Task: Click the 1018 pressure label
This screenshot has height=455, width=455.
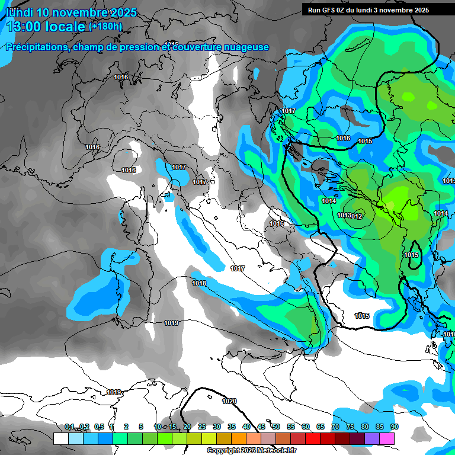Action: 199,283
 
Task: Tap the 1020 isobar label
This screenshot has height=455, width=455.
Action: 229,401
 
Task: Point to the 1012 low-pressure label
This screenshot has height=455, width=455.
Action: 357,216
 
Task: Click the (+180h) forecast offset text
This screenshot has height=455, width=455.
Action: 105,26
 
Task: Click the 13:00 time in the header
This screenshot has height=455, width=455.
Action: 25,27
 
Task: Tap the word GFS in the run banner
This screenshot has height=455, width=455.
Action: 330,10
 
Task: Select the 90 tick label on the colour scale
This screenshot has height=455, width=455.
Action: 395,427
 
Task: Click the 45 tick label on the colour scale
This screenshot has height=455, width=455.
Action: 261,427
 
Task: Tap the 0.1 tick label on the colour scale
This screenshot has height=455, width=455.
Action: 69,427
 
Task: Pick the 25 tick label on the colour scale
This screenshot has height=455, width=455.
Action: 202,427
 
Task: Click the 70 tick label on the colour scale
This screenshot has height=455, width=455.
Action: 335,427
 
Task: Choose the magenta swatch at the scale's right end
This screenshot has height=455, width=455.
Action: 387,438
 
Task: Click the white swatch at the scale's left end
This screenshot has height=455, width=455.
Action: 61,438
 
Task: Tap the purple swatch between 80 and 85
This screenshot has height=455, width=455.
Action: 372,438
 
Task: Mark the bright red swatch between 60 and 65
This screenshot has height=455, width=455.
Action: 313,438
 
